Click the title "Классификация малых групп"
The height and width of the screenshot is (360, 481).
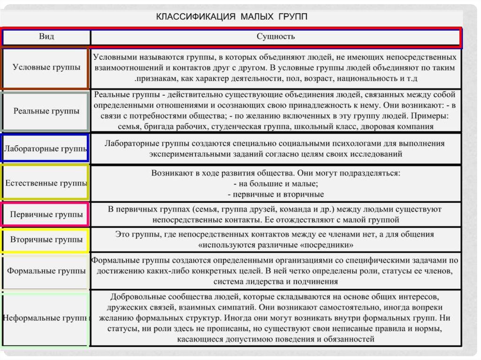pyautogui.click(x=232, y=17)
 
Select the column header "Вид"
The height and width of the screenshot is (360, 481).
pyautogui.click(x=46, y=37)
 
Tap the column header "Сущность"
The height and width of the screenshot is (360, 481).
pyautogui.click(x=276, y=37)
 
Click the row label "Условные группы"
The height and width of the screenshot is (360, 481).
pyautogui.click(x=46, y=67)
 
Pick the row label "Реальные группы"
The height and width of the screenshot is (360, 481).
pyautogui.click(x=46, y=111)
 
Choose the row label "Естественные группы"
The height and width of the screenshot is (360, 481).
pyautogui.click(x=46, y=183)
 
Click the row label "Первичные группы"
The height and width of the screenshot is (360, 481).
pyautogui.click(x=46, y=214)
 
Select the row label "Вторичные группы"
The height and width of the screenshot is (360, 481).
pyautogui.click(x=46, y=240)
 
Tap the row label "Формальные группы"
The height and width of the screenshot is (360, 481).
pyautogui.click(x=46, y=271)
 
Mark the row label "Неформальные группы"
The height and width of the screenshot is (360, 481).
pyautogui.click(x=46, y=318)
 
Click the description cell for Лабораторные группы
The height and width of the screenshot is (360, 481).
pyautogui.click(x=275, y=148)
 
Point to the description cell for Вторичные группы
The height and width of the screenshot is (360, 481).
pyautogui.click(x=275, y=239)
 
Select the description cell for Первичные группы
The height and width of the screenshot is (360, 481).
pyautogui.click(x=275, y=214)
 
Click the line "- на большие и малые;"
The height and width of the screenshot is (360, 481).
pyautogui.click(x=276, y=184)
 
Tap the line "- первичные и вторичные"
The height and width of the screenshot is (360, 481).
pyautogui.click(x=276, y=194)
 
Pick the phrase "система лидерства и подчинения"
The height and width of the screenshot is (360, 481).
pyautogui.click(x=276, y=282)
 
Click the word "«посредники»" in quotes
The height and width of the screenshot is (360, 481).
pyautogui.click(x=330, y=245)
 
